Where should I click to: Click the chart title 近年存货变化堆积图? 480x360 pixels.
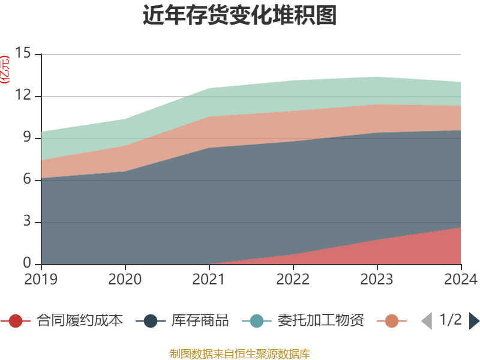coord(240,16)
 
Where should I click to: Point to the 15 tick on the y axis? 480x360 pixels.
coord(23,54)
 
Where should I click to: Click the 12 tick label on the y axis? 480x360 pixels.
coord(23,96)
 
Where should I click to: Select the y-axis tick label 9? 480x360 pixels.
coord(28,138)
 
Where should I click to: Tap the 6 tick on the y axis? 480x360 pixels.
coord(28,180)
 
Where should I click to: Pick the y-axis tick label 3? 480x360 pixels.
coord(28,222)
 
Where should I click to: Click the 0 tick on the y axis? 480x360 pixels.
coord(28,263)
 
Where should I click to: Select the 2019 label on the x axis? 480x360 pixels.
coord(41,280)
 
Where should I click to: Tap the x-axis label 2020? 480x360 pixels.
coord(125,280)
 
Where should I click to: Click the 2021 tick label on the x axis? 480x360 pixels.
coord(209,280)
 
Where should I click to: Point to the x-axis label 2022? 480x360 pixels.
coord(293,280)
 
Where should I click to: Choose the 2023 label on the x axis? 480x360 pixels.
coord(377,280)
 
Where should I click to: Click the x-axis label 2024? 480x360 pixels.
coord(460,280)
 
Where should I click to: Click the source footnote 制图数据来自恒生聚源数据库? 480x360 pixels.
coord(240,353)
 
